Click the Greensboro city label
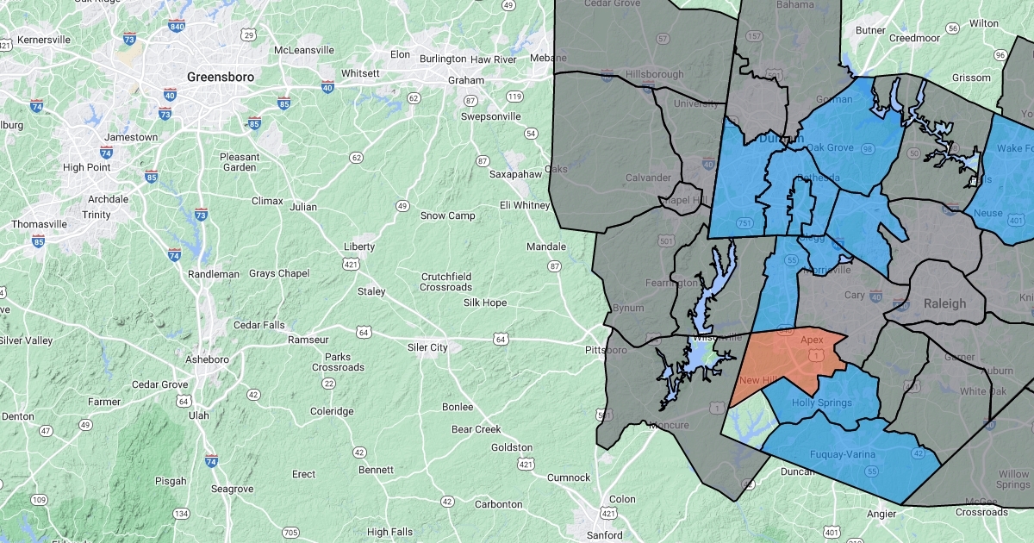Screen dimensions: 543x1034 (x=221, y=77)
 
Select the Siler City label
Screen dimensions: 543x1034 (x=427, y=347)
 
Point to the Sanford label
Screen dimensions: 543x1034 (x=605, y=535)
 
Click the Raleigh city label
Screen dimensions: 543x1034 (x=944, y=303)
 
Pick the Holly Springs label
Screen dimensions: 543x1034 (x=822, y=403)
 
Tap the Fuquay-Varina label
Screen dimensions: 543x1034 (x=843, y=454)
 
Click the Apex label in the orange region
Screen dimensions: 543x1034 (x=812, y=340)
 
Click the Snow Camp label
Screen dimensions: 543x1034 (x=447, y=215)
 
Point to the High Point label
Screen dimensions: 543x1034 (x=86, y=167)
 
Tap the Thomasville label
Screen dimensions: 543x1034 (x=39, y=224)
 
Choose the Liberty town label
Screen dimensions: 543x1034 (x=359, y=247)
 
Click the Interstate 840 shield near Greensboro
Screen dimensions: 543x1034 (x=177, y=25)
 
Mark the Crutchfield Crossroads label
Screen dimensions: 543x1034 (x=446, y=282)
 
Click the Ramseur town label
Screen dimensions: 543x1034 (x=308, y=340)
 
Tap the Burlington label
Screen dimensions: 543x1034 (x=443, y=59)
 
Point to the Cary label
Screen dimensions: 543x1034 (x=854, y=295)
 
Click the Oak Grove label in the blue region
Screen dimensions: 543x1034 (x=830, y=147)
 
